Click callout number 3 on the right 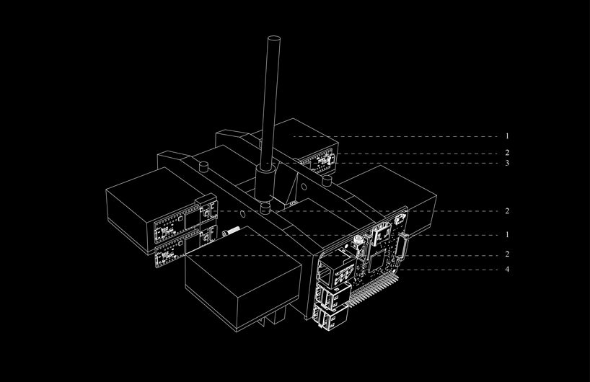pos(507,164)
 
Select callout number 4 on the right pos(507,269)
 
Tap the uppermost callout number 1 pos(507,136)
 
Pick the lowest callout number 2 pos(507,255)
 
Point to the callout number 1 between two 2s pos(507,234)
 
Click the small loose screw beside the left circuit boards pos(232,233)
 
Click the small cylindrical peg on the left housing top pos(203,167)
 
